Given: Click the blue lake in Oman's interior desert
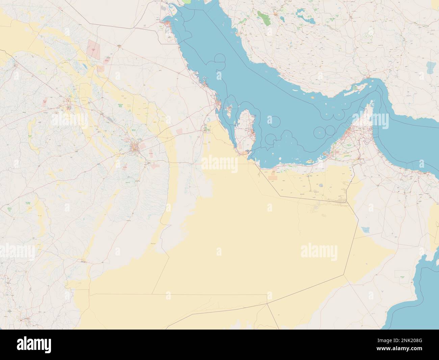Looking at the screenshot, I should pos(365,230).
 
